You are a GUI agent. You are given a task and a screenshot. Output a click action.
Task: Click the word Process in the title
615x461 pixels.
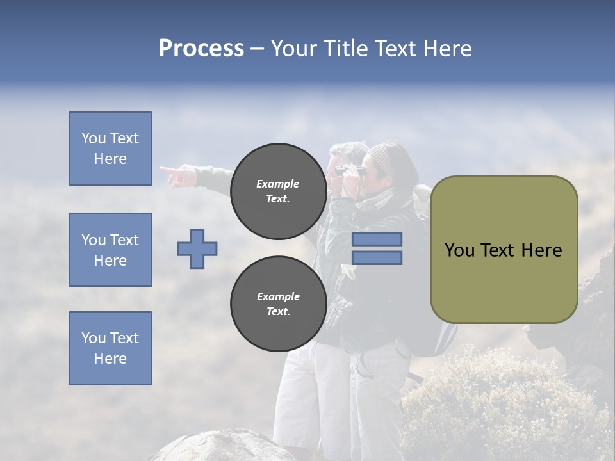[x=201, y=49]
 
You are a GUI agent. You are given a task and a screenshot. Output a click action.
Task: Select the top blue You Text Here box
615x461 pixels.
[x=110, y=149]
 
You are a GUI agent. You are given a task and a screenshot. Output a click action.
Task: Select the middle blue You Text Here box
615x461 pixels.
[x=110, y=250]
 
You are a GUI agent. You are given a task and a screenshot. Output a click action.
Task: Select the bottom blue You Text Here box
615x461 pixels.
[x=110, y=348]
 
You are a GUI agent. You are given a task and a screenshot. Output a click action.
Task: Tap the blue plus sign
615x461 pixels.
[x=197, y=248]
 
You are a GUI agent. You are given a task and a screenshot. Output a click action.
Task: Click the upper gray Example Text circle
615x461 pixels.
[x=278, y=191]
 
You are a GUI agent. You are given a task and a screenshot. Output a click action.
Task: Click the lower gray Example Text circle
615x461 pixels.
[x=278, y=304]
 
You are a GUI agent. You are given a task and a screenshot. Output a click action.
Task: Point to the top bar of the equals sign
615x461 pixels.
[x=377, y=239]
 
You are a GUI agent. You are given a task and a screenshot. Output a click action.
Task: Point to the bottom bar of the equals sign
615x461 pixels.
[x=377, y=258]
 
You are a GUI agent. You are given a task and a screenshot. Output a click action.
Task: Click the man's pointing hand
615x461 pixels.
[x=176, y=174]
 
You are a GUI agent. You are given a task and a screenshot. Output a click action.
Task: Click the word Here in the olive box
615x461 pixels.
[x=541, y=250]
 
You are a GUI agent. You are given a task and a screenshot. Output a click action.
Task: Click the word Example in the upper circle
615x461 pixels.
[x=278, y=184]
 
